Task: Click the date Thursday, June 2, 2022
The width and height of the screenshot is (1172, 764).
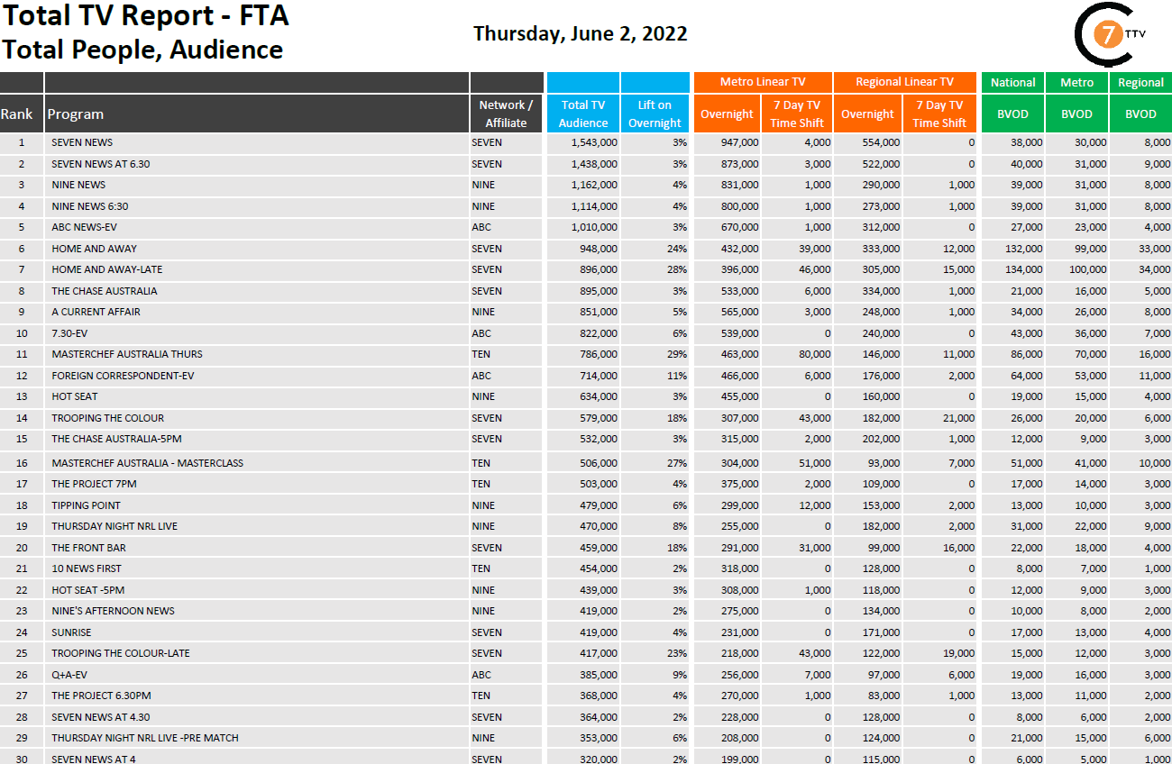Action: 580,34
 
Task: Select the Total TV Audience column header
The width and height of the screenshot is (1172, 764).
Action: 582,114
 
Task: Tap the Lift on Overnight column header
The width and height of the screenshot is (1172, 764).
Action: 655,114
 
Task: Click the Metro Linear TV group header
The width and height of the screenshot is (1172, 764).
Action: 763,82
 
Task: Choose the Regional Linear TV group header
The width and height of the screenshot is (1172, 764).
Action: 904,82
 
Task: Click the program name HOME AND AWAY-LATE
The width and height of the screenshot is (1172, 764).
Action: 107,269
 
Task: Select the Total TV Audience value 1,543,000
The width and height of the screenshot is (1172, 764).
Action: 594,142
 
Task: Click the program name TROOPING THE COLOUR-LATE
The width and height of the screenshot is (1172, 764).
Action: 121,653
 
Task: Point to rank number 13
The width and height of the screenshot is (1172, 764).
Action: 22,396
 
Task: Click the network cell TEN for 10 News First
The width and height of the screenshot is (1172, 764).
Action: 481,568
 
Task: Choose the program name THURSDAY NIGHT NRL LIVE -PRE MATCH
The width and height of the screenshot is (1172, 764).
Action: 145,738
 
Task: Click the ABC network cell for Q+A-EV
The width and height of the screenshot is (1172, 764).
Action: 481,675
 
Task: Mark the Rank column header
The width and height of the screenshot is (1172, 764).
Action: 16,114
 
